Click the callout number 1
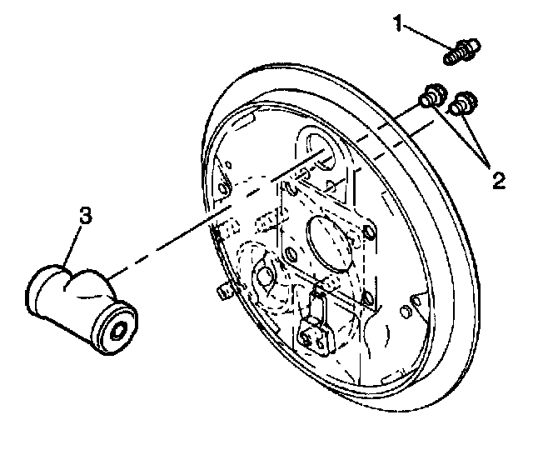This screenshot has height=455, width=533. (x=399, y=26)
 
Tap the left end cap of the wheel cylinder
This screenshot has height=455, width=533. (x=40, y=288)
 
